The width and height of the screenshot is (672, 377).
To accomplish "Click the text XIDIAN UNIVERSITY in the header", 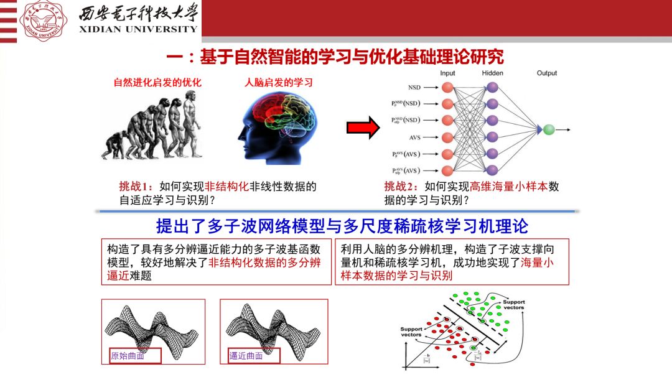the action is (x=138, y=29).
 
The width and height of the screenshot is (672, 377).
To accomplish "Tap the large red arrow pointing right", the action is (x=363, y=128).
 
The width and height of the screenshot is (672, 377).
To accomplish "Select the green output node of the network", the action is (x=548, y=129).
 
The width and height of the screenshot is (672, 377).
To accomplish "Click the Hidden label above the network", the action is (x=492, y=73).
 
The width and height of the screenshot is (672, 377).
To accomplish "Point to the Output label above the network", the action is (x=547, y=73).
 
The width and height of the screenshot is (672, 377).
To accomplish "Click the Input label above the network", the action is (x=447, y=73).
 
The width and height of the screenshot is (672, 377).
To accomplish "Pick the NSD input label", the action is (x=414, y=88).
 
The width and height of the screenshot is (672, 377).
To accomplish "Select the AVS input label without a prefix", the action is (x=414, y=137).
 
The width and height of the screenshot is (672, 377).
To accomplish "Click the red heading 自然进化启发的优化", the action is (x=157, y=83).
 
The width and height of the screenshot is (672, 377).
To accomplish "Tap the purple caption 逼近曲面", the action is (x=246, y=356).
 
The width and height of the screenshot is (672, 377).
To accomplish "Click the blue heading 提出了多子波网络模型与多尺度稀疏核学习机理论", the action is (x=342, y=225).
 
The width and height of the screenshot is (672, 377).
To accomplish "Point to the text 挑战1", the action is (x=135, y=186).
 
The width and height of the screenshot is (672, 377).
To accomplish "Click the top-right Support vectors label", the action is (x=513, y=305).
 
